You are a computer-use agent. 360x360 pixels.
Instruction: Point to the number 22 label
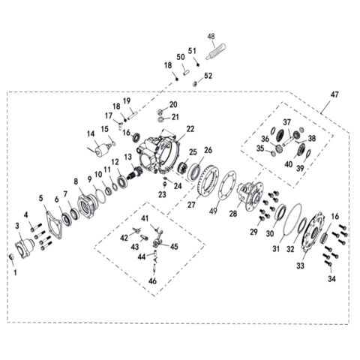tap(190, 129)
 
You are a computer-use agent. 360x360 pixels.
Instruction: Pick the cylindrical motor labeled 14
tap(98, 149)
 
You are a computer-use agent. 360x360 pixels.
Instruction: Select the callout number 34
tap(331, 279)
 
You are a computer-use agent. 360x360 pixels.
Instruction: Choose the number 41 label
tap(145, 217)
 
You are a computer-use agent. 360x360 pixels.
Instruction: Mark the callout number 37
tap(287, 122)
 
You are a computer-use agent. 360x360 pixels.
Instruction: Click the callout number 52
tap(208, 75)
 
